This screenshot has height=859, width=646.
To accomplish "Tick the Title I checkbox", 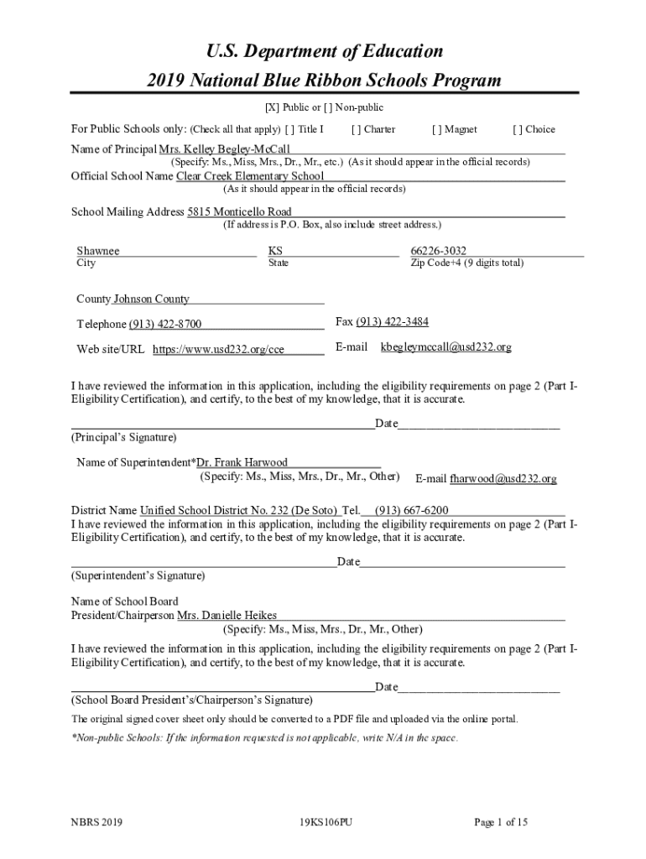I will point(289,129).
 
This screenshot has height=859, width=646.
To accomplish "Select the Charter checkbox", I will point(357,129).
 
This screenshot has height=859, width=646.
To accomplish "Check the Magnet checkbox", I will point(436,129).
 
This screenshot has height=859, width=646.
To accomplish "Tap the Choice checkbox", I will point(518,129).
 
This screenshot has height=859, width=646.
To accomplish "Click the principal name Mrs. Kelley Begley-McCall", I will point(218,148).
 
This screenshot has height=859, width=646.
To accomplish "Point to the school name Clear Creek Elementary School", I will point(249,176).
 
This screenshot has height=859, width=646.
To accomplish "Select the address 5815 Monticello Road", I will point(239,212).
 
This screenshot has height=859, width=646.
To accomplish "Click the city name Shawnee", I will point(98,251).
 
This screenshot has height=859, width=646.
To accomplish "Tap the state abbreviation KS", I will point(275,251).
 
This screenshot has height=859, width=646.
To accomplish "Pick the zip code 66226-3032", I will point(438,251).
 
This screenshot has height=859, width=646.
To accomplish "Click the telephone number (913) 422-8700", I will point(164,325).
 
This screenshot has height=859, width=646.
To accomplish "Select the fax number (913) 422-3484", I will point(386,322).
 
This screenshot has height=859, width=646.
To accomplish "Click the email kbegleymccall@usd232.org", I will point(445,346).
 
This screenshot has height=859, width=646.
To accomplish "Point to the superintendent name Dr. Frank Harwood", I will point(242,462).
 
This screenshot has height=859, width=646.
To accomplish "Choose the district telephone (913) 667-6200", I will point(411,510).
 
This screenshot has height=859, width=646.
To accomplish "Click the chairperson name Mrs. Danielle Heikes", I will point(227,616).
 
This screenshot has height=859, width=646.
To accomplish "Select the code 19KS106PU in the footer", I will point(325,823).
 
